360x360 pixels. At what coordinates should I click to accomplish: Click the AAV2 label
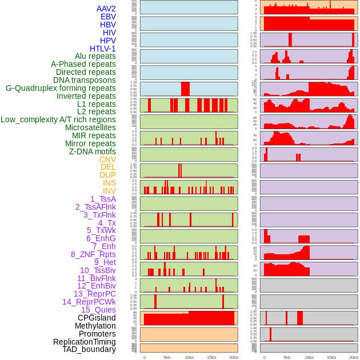[x=106, y=9]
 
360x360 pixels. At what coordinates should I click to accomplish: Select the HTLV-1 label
[x=103, y=49]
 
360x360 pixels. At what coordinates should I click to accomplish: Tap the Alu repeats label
[x=95, y=56]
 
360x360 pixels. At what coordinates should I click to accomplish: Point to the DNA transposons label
[x=85, y=80]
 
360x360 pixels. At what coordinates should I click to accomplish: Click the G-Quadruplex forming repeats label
[x=61, y=88]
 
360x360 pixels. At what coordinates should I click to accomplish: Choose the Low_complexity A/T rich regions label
[x=58, y=119]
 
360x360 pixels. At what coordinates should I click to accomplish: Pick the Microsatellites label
[x=90, y=127]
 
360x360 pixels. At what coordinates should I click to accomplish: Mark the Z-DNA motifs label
[x=93, y=151]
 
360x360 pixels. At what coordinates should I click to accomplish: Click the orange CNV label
[x=107, y=159]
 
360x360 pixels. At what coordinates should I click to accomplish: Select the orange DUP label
[x=107, y=175]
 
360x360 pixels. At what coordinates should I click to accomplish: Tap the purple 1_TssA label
[x=103, y=199]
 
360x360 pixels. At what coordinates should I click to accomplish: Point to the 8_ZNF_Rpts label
[x=93, y=254]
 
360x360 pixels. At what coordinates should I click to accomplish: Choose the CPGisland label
[x=97, y=318]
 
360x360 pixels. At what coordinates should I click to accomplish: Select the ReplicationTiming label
[x=85, y=342]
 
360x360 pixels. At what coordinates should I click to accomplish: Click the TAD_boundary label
[x=89, y=349]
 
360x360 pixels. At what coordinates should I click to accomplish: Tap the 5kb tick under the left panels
[x=167, y=357]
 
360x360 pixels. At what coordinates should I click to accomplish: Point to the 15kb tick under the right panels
[x=331, y=357]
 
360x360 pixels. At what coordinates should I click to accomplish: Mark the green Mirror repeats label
[x=91, y=143]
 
